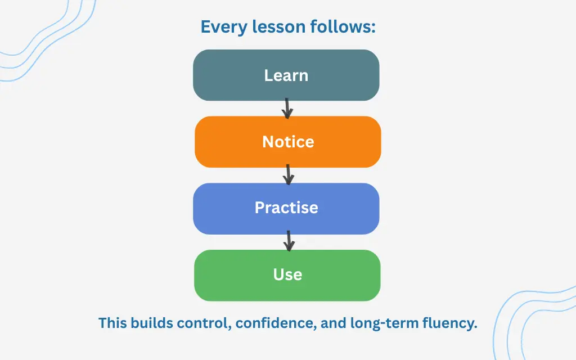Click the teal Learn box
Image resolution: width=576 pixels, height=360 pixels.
click(286, 75)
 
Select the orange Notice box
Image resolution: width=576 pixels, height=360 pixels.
click(288, 142)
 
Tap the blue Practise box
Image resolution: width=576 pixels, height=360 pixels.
click(286, 209)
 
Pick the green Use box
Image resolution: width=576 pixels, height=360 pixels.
click(287, 276)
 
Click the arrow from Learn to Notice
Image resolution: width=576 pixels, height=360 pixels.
click(287, 109)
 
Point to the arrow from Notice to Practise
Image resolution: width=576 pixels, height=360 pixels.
click(289, 174)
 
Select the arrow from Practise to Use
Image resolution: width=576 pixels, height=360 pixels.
click(289, 241)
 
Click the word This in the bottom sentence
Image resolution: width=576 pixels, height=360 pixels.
click(112, 323)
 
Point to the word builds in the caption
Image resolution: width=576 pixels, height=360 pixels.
click(152, 323)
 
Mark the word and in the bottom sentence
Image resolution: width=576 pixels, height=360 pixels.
click(333, 323)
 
